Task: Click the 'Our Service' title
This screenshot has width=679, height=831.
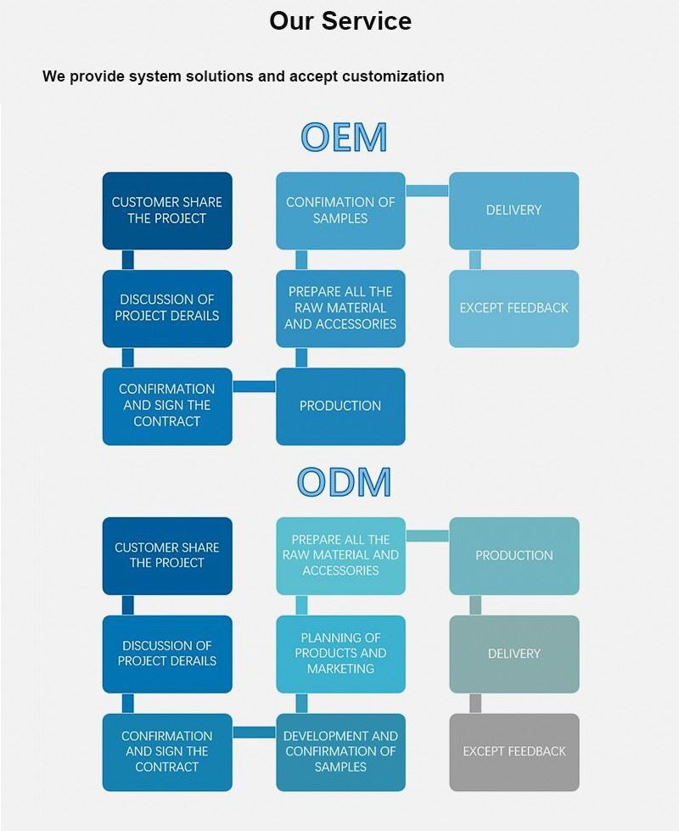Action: click(339, 20)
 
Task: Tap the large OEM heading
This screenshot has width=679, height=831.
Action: click(344, 137)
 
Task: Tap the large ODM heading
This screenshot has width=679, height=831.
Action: click(344, 482)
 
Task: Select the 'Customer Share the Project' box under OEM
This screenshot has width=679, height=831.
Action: click(167, 211)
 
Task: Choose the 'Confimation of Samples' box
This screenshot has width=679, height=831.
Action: click(340, 211)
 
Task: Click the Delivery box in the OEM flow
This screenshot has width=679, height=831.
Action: click(513, 211)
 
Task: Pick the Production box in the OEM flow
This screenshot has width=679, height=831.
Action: click(340, 406)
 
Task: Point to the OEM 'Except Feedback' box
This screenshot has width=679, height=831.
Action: click(513, 308)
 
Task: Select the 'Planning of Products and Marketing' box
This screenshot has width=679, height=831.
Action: click(340, 654)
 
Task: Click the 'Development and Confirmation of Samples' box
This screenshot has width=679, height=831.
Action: click(340, 751)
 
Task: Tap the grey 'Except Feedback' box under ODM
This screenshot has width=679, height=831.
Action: click(513, 751)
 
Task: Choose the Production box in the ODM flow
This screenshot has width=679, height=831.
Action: click(513, 556)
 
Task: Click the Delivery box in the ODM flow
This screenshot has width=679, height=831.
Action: click(513, 654)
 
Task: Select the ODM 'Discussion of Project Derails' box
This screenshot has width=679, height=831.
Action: click(167, 654)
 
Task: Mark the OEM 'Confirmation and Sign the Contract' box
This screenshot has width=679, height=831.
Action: click(167, 406)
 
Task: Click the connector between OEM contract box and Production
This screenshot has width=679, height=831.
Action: click(254, 387)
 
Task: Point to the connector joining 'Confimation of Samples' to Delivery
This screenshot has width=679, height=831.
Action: click(427, 190)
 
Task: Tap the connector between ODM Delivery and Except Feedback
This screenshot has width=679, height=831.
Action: click(475, 703)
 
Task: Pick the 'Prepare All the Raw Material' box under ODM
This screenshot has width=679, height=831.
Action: click(340, 556)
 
